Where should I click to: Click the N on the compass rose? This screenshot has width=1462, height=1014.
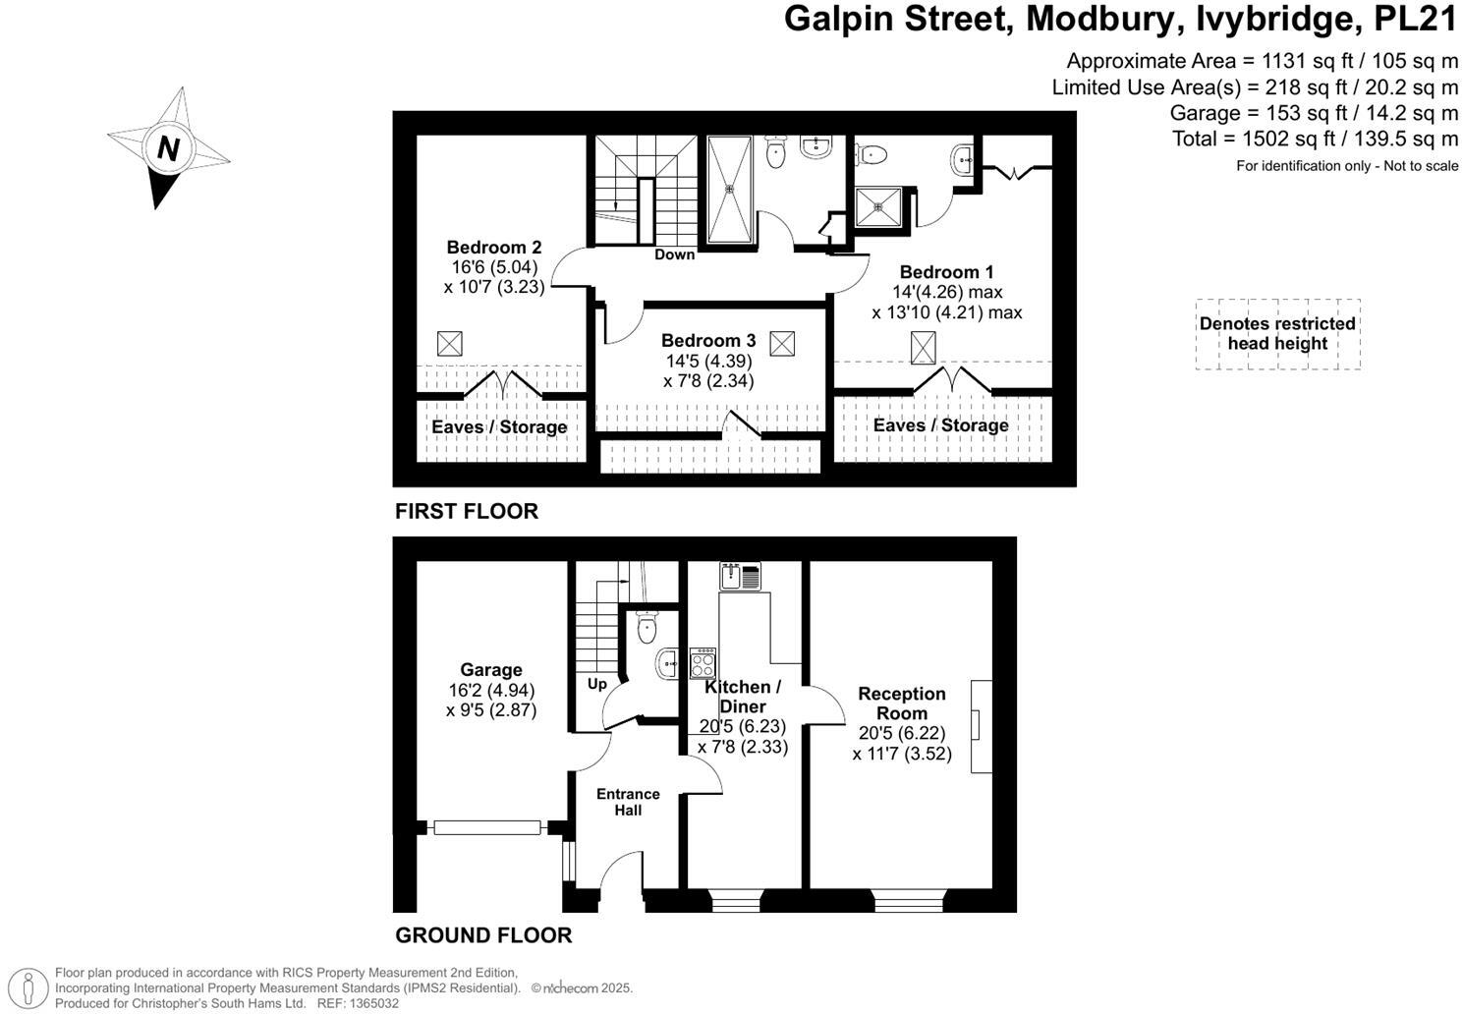click(x=168, y=149)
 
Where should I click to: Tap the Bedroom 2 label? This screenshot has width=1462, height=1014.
click(x=493, y=248)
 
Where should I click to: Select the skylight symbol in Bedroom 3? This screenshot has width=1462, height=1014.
click(x=782, y=344)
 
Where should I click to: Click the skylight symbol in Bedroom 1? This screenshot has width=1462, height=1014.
click(x=924, y=348)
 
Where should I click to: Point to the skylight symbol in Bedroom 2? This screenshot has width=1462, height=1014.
click(x=449, y=344)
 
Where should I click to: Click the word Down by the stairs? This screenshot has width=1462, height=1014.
click(x=674, y=254)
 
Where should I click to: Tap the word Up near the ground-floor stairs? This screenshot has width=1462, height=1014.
click(x=597, y=684)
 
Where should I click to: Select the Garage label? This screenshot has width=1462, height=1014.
click(x=491, y=670)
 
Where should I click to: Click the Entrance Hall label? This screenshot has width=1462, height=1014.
click(x=628, y=802)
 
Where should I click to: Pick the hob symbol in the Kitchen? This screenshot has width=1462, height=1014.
click(x=703, y=663)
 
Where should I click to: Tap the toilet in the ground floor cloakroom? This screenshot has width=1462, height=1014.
click(x=647, y=627)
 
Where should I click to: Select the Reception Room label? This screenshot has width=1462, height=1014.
click(x=901, y=704)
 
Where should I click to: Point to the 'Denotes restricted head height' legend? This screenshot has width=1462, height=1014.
click(x=1277, y=334)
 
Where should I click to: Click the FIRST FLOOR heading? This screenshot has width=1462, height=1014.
click(x=467, y=511)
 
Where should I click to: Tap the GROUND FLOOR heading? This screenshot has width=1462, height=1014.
click(x=483, y=934)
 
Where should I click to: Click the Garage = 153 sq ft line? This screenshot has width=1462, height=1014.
click(x=1314, y=113)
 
